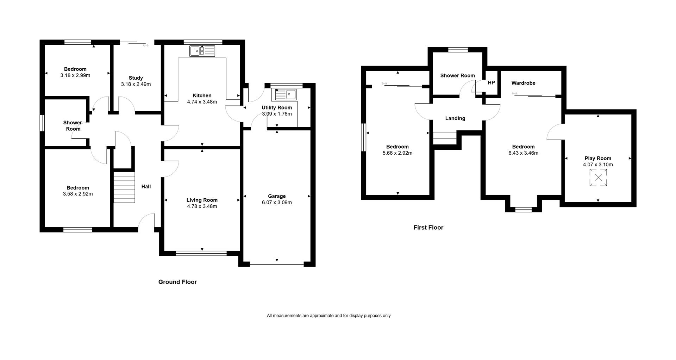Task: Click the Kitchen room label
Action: (202, 95)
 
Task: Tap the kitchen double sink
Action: (202, 51)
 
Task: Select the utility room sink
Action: (286, 94)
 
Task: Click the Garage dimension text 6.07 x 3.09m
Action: (277, 203)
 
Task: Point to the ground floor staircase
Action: (124, 187)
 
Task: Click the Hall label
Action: (146, 186)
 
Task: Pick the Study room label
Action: (136, 78)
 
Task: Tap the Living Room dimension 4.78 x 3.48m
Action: (202, 206)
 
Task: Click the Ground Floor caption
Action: (177, 282)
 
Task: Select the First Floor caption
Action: (428, 228)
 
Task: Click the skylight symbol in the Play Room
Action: (598, 178)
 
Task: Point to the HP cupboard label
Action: (492, 83)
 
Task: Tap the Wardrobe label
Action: (524, 83)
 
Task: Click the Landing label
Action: (455, 118)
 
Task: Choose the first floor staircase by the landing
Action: (445, 138)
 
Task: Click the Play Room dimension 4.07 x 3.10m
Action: (598, 165)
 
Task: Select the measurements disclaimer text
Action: (329, 316)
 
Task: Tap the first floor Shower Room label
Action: (458, 75)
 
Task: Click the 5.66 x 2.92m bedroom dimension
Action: (398, 153)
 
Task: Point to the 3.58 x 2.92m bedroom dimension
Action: (78, 194)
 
